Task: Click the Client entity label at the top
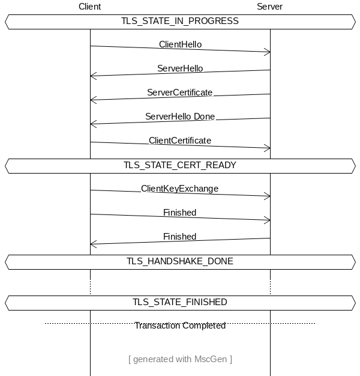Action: pos(89,7)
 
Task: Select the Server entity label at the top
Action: pos(269,7)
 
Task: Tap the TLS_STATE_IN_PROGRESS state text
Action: pos(180,21)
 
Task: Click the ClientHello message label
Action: pos(180,44)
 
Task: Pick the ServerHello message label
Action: pos(180,68)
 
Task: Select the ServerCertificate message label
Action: pos(180,92)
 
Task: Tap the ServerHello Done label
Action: pos(180,117)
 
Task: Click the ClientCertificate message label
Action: pos(180,141)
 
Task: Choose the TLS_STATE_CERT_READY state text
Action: pos(180,165)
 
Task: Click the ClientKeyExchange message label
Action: pos(179,189)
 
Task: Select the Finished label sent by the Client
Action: pos(179,213)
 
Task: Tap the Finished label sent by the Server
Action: pos(179,237)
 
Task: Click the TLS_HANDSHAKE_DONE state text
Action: pos(180,261)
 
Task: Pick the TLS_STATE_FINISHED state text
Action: pos(180,302)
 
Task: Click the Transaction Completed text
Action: pos(180,326)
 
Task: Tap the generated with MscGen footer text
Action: pos(180,359)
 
